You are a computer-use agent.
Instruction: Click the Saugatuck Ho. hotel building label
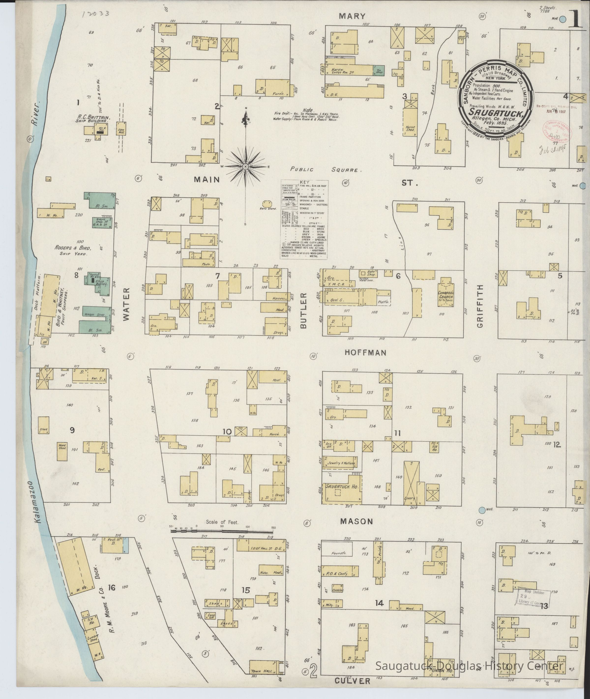[340, 486]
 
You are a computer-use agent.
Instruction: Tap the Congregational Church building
[446, 294]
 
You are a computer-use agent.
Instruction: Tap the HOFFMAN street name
[365, 353]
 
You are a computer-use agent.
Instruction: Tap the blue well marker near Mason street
[482, 510]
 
